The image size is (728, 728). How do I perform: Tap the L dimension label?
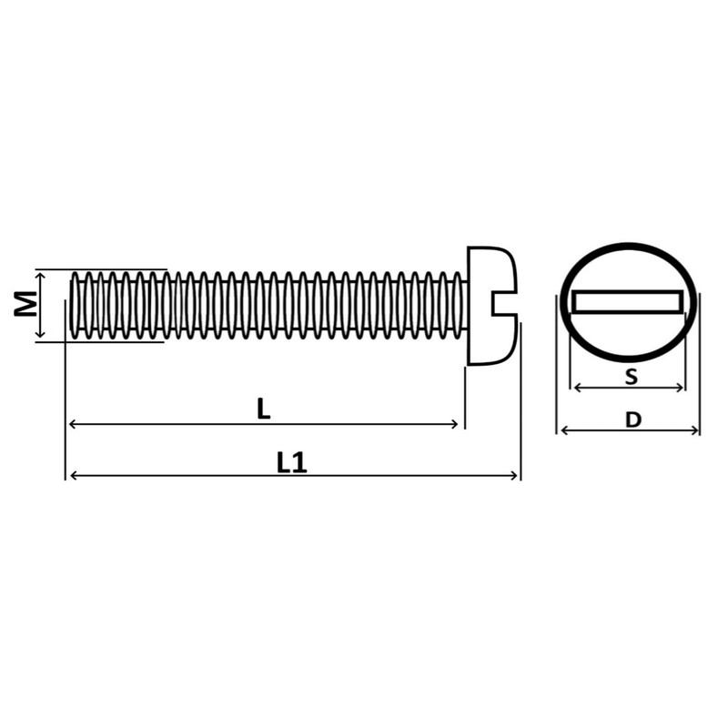(x=263, y=409)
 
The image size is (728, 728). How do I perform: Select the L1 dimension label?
(x=291, y=462)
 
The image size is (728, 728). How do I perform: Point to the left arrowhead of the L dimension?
(x=74, y=424)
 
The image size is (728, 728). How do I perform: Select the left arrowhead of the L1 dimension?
(x=74, y=475)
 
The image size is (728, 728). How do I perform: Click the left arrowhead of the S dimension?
(x=576, y=388)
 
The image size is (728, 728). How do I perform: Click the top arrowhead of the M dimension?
(x=39, y=274)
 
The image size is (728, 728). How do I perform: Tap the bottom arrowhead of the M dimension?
(x=39, y=336)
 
